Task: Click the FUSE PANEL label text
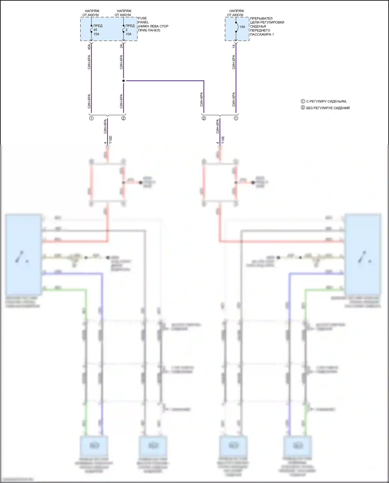click(x=142, y=20)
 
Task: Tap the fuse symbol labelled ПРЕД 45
click(x=91, y=29)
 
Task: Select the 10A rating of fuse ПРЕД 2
click(x=128, y=34)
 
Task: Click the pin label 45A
click(x=89, y=47)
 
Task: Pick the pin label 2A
click(x=121, y=46)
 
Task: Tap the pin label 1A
click(x=234, y=46)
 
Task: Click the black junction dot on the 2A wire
click(x=123, y=81)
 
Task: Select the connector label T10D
click(x=110, y=140)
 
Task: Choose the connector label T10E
click(x=223, y=140)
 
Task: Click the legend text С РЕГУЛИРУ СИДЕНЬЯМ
click(x=326, y=101)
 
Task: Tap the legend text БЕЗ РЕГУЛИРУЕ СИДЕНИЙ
click(x=328, y=108)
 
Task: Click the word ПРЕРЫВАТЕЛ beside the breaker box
click(x=261, y=18)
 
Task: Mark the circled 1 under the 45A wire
click(x=91, y=118)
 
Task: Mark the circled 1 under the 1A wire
click(x=236, y=118)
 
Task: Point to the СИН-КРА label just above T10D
click(x=105, y=126)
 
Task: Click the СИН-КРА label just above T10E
click(x=218, y=126)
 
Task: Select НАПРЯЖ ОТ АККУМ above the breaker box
click(x=236, y=13)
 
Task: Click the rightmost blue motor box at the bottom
click(x=297, y=446)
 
